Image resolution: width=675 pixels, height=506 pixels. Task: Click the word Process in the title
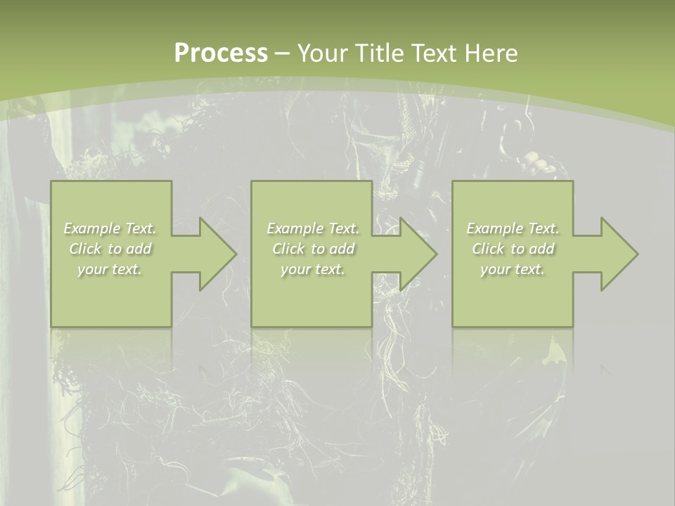(x=221, y=53)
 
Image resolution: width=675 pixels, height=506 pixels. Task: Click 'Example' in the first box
(x=91, y=228)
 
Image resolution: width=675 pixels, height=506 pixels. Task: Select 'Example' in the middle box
(x=294, y=228)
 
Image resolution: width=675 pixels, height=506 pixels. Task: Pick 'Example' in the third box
(x=494, y=228)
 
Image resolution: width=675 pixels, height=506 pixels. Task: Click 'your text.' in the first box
(x=110, y=269)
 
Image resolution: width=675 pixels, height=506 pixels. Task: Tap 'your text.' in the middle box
(x=312, y=269)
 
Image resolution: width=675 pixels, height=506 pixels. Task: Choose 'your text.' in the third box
(x=512, y=269)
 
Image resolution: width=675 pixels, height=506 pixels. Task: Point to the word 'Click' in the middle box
(x=288, y=249)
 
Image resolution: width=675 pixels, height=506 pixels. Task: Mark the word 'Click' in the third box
(x=488, y=249)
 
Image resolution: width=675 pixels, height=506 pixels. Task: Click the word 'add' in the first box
(x=139, y=249)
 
